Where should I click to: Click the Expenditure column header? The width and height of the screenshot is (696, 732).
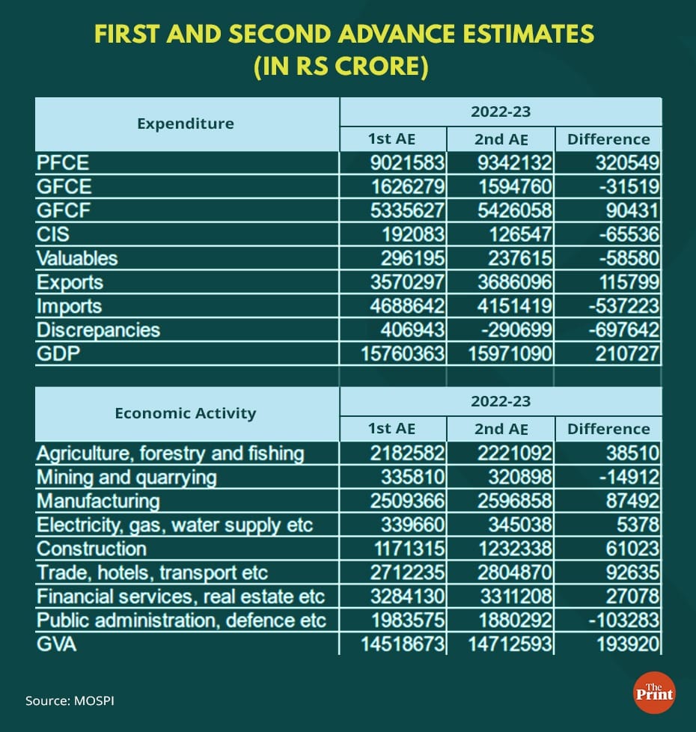(x=186, y=123)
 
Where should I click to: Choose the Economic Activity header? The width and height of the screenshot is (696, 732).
(x=186, y=412)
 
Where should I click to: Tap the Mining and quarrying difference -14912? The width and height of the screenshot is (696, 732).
(x=621, y=477)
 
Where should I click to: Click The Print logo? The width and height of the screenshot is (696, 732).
(x=653, y=692)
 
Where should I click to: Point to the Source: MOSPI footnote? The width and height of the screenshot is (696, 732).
(x=70, y=701)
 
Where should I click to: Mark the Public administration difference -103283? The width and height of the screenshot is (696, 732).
(x=618, y=620)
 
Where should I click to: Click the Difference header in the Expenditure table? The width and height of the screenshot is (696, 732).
(x=608, y=139)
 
